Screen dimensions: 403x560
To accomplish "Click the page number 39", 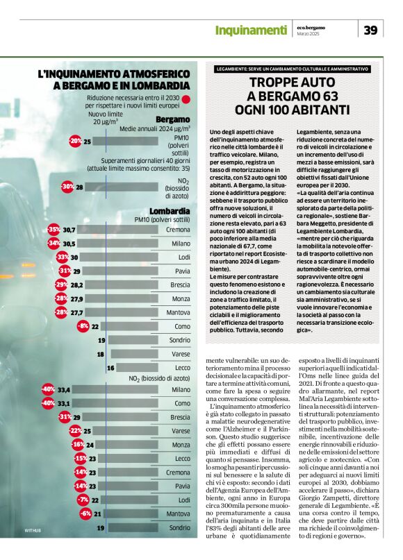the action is coord(371,30).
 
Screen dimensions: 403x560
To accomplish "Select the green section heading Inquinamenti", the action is coord(250,30).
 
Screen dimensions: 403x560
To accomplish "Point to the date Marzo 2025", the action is coord(309,35).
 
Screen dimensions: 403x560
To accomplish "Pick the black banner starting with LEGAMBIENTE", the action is coord(292,69).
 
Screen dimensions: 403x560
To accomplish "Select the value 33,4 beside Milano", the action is coord(65,390).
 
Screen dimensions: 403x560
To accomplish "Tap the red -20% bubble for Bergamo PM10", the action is coord(75,142).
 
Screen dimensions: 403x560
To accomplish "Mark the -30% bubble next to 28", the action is coord(68,187).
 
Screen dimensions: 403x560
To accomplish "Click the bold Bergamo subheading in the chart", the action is coord(172,119).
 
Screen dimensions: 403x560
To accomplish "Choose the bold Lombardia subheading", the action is coord(170,211).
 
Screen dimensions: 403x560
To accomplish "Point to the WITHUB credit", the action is coord(33,529).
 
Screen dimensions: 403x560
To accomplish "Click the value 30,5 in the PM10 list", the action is coord(69,244).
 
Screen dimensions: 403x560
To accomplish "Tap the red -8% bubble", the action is coord(83,326).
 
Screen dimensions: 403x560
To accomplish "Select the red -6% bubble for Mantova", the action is coord(85,514).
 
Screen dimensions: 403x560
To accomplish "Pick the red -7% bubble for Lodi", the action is coord(83,500).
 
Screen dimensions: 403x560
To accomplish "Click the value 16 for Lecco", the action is coord(110,368).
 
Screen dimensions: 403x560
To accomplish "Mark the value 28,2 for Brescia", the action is coord(76,285).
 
